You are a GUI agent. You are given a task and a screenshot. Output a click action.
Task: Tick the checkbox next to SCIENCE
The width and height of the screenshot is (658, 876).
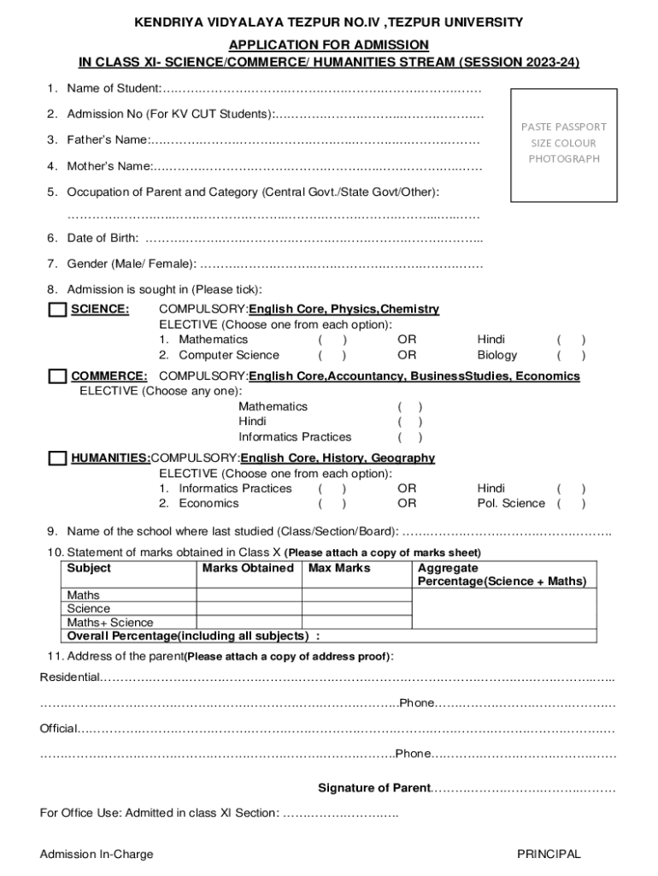(x=57, y=310)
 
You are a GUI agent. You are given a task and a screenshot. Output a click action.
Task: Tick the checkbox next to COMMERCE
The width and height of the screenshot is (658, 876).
(x=57, y=376)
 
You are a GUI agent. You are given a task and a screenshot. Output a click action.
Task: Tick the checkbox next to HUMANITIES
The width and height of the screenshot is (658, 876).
(x=57, y=459)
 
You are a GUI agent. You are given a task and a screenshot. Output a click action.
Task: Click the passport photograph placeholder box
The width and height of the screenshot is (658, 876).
(x=563, y=145)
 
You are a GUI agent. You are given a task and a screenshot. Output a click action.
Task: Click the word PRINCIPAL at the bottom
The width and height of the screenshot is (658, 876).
(x=549, y=854)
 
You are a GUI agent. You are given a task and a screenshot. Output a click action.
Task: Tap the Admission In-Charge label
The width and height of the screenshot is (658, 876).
(x=97, y=854)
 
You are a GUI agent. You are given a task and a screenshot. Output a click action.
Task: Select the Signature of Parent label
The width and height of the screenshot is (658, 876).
(x=373, y=788)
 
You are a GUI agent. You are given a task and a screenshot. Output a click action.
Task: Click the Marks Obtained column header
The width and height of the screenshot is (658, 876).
(x=248, y=568)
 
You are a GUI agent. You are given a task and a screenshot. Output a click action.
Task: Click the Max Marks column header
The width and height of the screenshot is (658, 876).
(x=339, y=568)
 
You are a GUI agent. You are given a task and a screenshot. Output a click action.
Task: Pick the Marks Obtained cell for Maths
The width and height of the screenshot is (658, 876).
(x=249, y=595)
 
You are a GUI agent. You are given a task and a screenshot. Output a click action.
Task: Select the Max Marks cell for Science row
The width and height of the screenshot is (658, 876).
(x=356, y=609)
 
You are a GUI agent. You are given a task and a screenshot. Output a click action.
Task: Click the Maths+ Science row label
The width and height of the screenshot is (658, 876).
(x=110, y=623)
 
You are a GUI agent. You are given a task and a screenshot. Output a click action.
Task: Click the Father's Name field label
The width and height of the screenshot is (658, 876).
(x=108, y=139)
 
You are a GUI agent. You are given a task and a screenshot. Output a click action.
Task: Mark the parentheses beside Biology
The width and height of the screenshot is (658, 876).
(x=571, y=355)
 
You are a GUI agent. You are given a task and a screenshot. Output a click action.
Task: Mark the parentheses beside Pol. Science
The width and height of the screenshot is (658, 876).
(x=571, y=503)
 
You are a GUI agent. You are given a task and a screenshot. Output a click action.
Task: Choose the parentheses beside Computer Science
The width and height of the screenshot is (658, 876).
(x=332, y=355)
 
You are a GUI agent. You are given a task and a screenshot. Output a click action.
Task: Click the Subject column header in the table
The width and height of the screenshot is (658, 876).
(x=89, y=568)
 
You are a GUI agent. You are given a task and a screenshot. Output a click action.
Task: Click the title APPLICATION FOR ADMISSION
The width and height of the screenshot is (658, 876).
(x=329, y=44)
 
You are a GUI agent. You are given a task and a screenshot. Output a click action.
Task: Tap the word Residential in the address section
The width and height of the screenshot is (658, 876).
(x=69, y=678)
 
